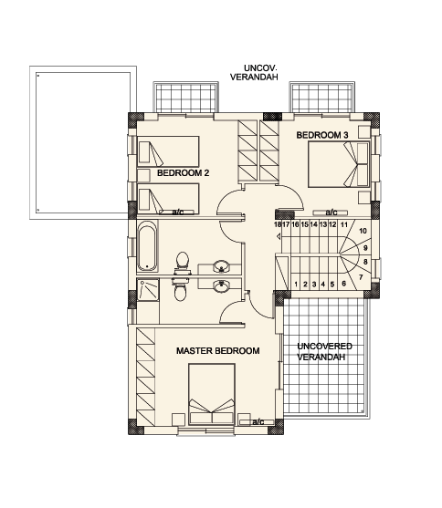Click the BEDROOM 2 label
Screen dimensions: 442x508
click(x=183, y=173)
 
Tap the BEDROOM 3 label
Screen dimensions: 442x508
click(x=322, y=135)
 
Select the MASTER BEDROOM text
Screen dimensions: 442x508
click(x=217, y=351)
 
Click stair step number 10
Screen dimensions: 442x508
click(x=363, y=231)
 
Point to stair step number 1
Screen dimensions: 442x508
click(x=296, y=285)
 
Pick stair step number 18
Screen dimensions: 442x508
click(x=278, y=224)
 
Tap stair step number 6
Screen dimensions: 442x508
click(x=344, y=284)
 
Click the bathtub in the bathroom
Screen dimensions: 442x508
click(x=147, y=246)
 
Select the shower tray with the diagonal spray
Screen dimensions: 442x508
click(x=148, y=290)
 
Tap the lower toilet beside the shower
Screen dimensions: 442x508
click(x=181, y=289)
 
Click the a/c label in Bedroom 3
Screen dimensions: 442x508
click(x=331, y=213)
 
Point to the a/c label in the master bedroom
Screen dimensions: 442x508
click(x=258, y=422)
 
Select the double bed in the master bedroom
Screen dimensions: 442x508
click(x=212, y=394)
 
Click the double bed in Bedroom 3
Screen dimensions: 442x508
click(x=339, y=164)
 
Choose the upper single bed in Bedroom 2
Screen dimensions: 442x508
click(x=168, y=151)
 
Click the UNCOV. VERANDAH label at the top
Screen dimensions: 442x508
click(x=254, y=73)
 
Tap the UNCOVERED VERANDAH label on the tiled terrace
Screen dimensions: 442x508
click(x=324, y=351)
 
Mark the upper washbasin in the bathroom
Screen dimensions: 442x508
click(x=222, y=267)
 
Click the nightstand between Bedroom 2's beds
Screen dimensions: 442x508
click(x=143, y=175)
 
